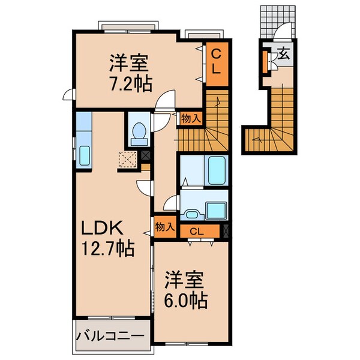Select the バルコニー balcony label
click(x=112, y=334)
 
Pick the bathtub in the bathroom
click(x=215, y=170)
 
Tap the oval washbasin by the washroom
click(x=193, y=214)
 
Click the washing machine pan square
click(x=215, y=211)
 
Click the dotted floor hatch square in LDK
click(x=127, y=160)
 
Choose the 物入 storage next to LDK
click(x=164, y=227)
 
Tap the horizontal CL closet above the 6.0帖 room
click(x=196, y=231)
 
